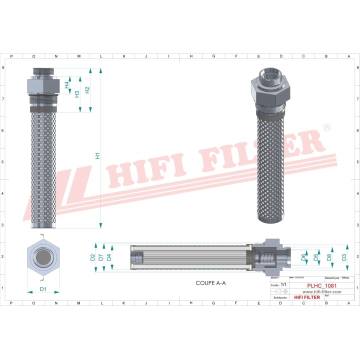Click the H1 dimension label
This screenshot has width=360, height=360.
98,155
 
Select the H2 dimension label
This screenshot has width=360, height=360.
87,90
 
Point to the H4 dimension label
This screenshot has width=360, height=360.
67,85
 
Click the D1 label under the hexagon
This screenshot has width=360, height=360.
43,289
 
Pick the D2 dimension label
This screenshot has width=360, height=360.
92,257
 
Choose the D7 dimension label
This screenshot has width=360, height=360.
100,257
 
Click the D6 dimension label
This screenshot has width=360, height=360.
303,257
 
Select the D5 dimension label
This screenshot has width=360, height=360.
315,257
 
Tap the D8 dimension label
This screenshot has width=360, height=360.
328,257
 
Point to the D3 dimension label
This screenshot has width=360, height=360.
343,257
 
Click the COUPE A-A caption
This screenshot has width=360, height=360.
210,283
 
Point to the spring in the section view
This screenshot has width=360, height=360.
267,258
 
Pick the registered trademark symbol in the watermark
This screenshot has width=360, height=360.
326,128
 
